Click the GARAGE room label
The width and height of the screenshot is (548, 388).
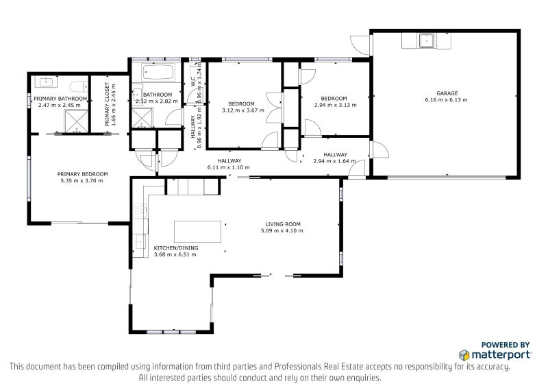tap(447, 93)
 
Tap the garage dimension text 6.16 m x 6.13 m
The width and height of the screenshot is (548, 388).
tap(447, 100)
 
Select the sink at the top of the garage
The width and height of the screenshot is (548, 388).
tap(429, 40)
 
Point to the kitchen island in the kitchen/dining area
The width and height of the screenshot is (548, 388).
tap(199, 230)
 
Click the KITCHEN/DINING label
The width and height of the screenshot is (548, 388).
tap(175, 247)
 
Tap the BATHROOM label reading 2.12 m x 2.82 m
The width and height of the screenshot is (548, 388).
tap(157, 101)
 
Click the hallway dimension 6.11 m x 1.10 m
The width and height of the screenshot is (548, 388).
tap(225, 167)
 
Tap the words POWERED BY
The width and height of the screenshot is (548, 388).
tap(506, 345)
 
